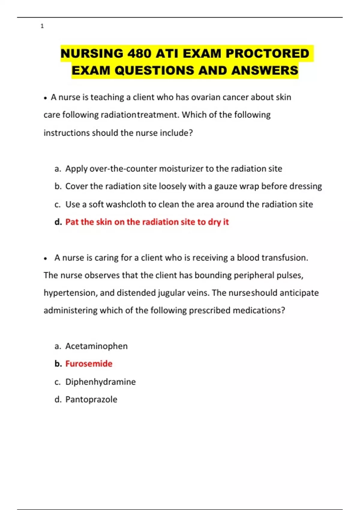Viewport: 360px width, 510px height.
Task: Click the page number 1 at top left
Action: pos(42,26)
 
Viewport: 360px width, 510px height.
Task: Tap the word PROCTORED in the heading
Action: pos(267,53)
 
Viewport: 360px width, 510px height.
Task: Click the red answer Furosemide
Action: pos(89,364)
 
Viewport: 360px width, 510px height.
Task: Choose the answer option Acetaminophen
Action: pos(96,346)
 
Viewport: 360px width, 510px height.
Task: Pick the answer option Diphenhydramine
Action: pos(100,382)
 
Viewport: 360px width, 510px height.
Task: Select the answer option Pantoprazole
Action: pos(91,400)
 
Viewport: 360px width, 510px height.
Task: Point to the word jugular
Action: pos(171,293)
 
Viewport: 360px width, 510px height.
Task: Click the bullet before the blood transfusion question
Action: pos(45,258)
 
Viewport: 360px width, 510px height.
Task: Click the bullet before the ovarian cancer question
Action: pos(45,98)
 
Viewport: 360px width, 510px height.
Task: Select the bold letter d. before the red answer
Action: pos(58,222)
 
